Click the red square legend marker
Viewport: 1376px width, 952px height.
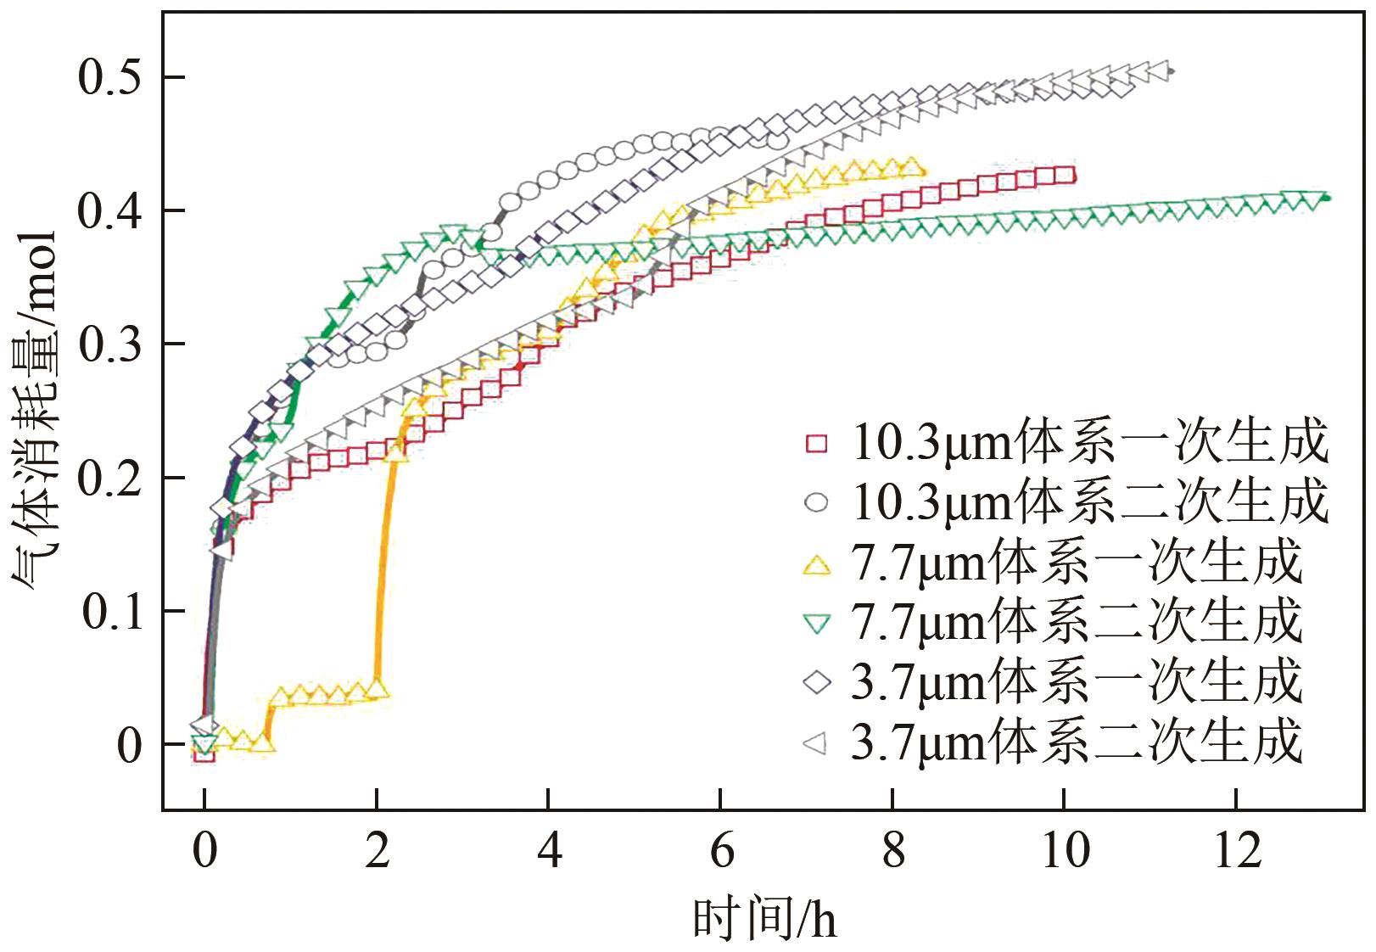click(816, 443)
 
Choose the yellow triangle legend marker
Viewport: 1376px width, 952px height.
click(816, 564)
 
